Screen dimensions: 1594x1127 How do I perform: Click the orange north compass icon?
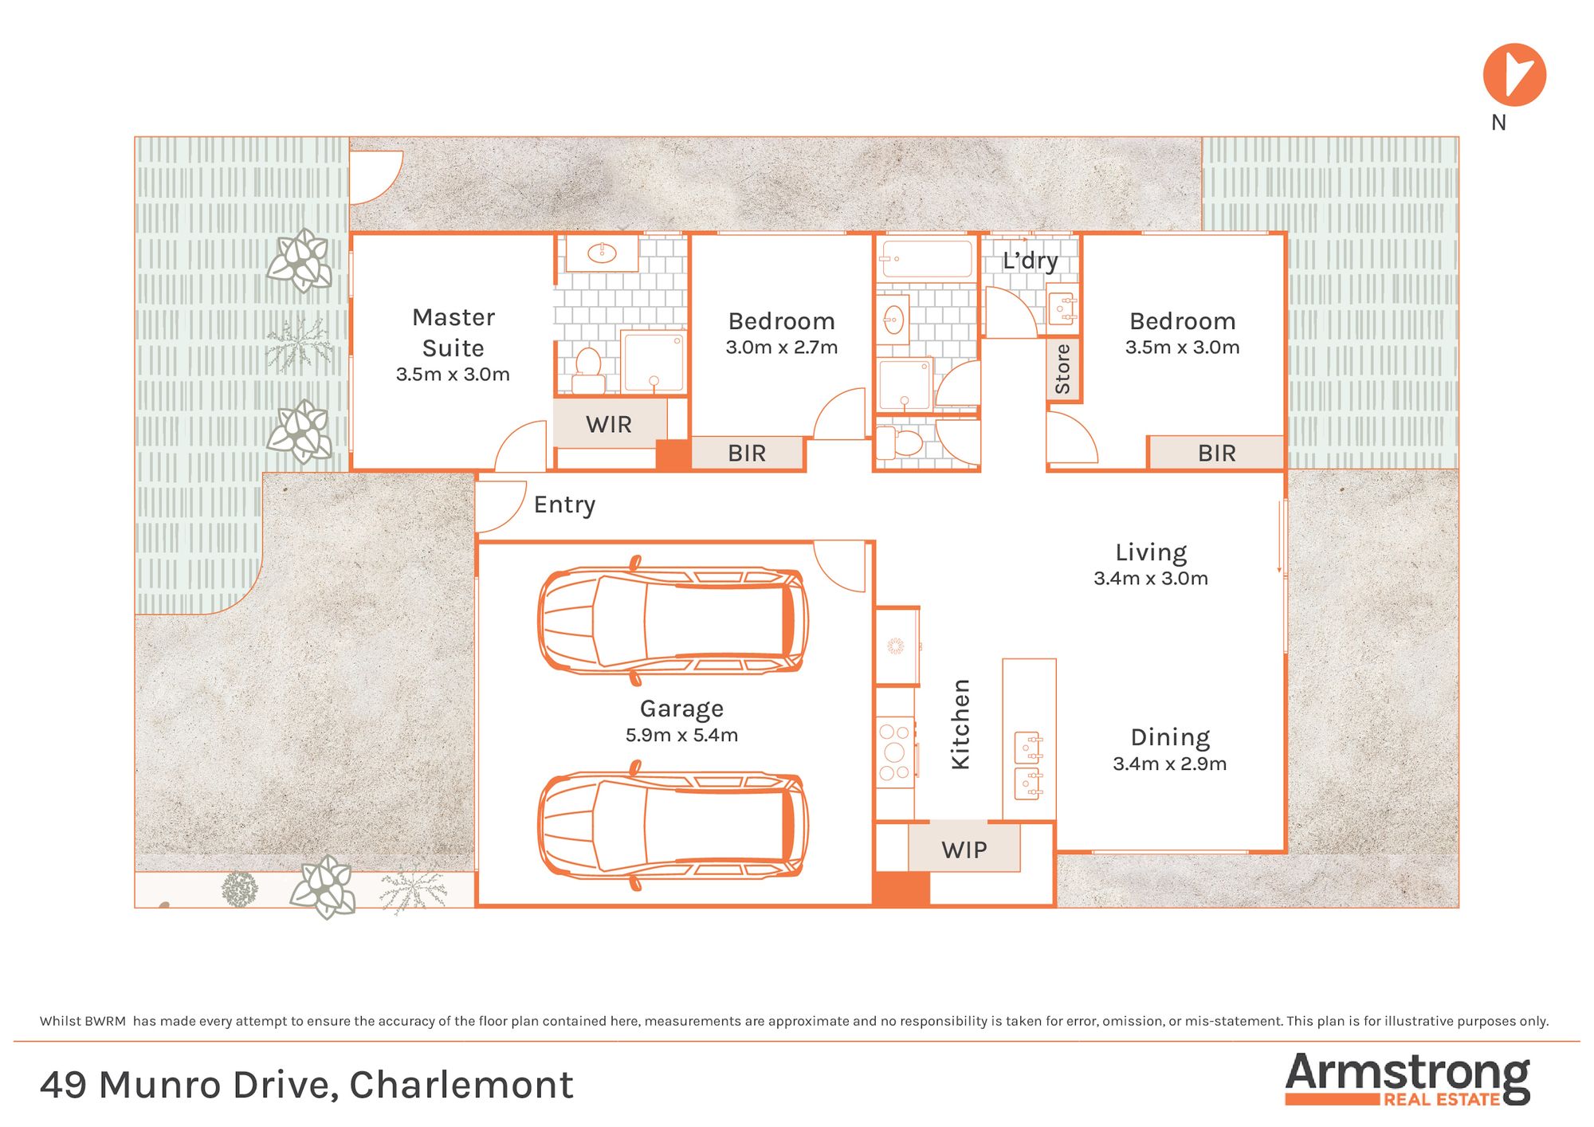coord(1514,75)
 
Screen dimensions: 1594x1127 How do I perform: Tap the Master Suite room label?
coord(453,332)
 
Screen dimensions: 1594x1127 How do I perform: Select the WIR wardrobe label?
coord(609,424)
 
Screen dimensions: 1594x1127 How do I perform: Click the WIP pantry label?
coord(964,850)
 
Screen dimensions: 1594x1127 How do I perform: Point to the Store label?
coord(1062,369)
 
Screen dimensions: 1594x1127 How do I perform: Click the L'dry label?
coord(1031,261)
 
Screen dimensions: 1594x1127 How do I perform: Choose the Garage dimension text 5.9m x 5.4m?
coord(681,735)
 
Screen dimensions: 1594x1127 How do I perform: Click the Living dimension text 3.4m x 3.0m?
coord(1151,579)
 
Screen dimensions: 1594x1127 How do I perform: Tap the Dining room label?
coord(1170,738)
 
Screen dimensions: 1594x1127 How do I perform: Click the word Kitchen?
coord(961,724)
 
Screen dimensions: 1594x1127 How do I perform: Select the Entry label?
coord(565,505)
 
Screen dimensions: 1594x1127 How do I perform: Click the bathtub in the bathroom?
coord(927,260)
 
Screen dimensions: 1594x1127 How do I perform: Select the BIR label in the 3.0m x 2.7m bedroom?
coord(747,454)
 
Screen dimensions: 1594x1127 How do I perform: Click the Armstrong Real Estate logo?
coord(1408,1079)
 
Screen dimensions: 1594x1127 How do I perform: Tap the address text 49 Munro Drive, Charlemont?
coord(307,1085)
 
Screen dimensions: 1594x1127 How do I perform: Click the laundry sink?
coord(1062,304)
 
